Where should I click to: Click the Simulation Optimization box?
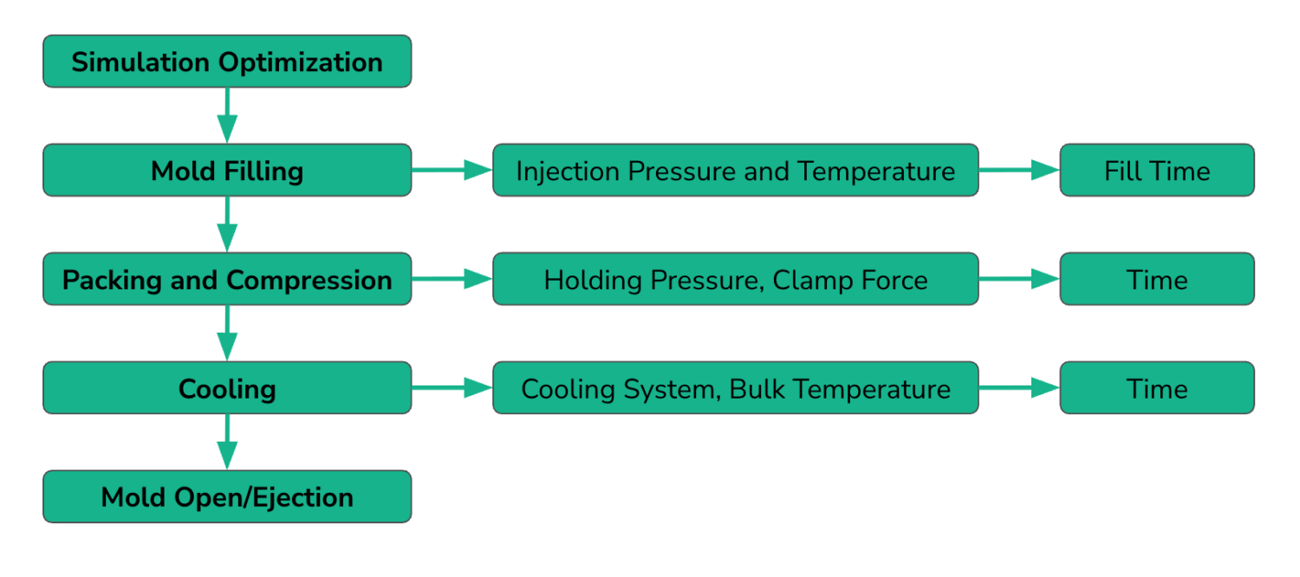click(x=227, y=62)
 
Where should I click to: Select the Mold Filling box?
click(x=227, y=171)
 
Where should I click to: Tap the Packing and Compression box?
click(x=227, y=280)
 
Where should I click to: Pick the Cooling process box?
click(x=227, y=388)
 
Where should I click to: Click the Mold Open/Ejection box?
click(x=227, y=497)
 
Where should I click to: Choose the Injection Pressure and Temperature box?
click(x=735, y=171)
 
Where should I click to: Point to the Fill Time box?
click(x=1157, y=171)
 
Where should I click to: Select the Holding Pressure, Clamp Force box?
click(x=735, y=280)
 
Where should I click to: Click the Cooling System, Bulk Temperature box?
click(x=735, y=388)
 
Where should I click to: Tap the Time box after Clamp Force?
click(x=1157, y=280)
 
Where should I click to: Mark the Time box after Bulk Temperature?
click(x=1157, y=388)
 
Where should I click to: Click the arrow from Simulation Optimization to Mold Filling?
click(x=227, y=115)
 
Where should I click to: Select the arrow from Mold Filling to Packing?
click(x=227, y=224)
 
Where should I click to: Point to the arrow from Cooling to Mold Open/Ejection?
click(x=227, y=442)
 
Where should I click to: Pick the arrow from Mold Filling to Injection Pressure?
click(x=452, y=171)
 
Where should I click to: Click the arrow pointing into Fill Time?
click(x=1019, y=171)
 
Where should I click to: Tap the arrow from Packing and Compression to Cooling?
click(x=227, y=333)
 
